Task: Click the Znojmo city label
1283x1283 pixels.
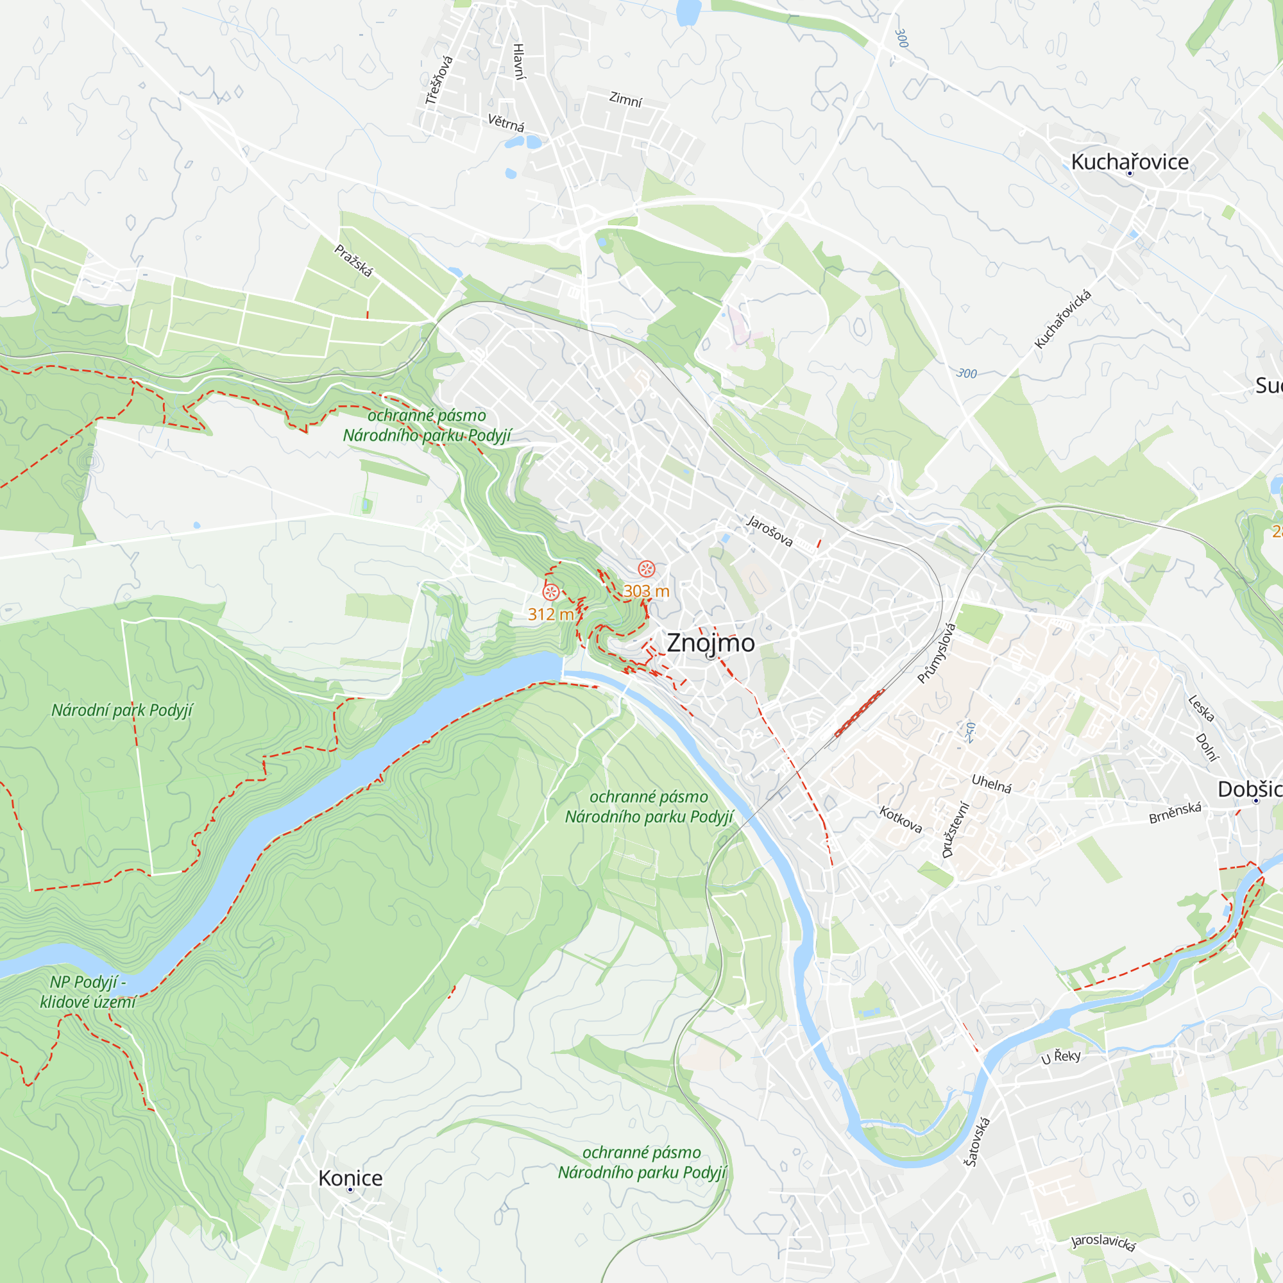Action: (710, 643)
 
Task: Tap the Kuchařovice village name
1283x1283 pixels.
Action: (1130, 162)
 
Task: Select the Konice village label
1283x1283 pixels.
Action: (350, 1178)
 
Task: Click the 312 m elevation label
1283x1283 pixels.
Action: (550, 615)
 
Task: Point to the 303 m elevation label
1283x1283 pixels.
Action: (645, 591)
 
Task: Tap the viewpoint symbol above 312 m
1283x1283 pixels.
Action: (550, 592)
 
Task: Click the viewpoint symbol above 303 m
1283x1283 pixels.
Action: (646, 569)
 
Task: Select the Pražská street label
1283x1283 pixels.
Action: (353, 261)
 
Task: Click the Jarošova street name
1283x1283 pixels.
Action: (770, 531)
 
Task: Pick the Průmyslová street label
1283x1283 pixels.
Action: (937, 654)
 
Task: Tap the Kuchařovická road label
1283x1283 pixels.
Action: (1062, 319)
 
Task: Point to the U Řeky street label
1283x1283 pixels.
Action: (1060, 1057)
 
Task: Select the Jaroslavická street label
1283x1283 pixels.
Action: (1103, 1242)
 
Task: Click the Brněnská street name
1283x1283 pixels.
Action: (1175, 813)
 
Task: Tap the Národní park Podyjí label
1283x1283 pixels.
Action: (122, 711)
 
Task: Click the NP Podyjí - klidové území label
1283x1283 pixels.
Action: (88, 992)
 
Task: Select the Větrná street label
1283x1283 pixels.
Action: (506, 123)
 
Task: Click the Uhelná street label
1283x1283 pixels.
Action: (992, 784)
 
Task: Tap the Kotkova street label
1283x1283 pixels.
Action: (901, 819)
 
